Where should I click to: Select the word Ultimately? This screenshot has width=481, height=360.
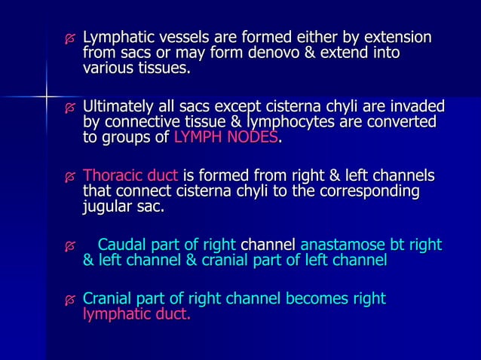point(119,106)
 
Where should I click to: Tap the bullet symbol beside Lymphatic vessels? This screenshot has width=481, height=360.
point(70,38)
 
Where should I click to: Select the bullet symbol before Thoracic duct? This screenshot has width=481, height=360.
point(70,176)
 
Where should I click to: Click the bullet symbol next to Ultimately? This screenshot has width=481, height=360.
point(70,107)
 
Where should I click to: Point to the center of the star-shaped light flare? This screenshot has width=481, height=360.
point(46,96)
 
